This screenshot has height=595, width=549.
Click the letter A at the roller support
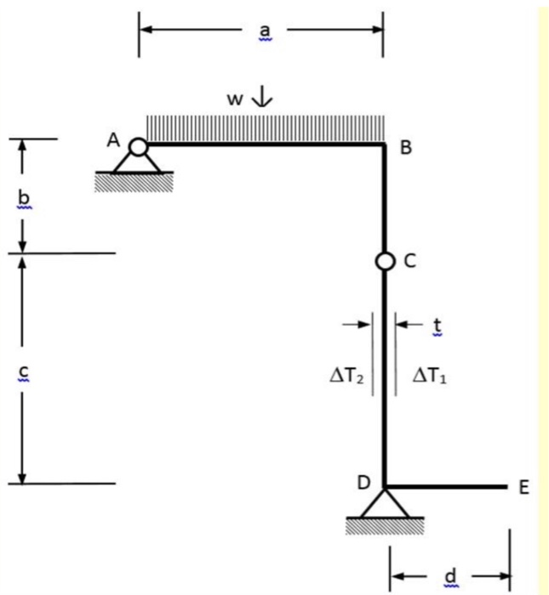click(x=113, y=142)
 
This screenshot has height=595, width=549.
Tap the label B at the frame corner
click(x=406, y=148)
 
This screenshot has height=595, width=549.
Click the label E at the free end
click(x=523, y=487)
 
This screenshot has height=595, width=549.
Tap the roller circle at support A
click(x=138, y=148)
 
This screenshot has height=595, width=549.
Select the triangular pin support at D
click(x=384, y=505)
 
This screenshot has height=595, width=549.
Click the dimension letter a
click(x=264, y=31)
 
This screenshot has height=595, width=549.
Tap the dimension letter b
click(x=23, y=197)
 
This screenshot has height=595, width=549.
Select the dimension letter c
click(x=23, y=371)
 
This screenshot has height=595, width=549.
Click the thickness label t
click(x=437, y=324)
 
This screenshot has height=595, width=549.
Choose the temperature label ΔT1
click(x=429, y=374)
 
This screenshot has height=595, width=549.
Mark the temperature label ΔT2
click(x=346, y=374)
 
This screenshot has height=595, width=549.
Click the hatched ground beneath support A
click(x=134, y=181)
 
